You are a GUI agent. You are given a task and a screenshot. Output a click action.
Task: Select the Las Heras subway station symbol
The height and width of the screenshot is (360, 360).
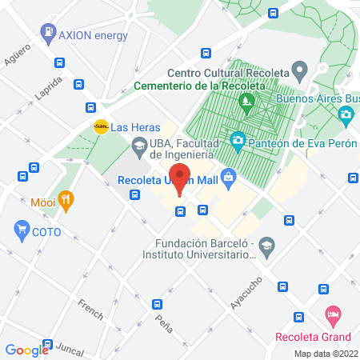(101, 126)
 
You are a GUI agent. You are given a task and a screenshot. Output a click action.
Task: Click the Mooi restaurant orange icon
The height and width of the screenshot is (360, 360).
(66, 200)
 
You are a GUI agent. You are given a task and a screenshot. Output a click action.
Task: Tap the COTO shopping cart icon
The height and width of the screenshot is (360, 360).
(22, 231)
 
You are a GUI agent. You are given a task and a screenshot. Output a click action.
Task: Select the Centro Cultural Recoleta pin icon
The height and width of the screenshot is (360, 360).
(300, 70)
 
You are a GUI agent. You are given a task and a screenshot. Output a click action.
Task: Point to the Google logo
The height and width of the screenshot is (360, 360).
(26, 350)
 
